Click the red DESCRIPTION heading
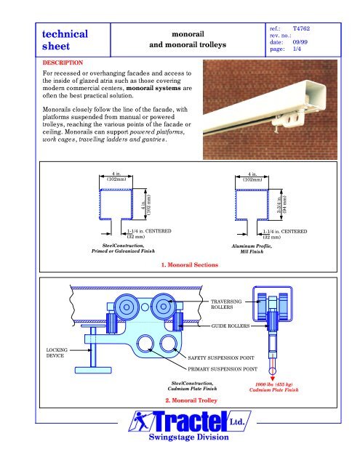coord(63,62)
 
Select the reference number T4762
coord(301,28)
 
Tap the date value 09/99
coord(300,42)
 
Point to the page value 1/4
coord(297,49)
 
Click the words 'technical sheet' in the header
coord(65,40)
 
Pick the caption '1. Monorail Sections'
coord(190,264)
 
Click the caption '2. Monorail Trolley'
coord(191,400)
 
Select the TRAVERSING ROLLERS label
coord(226,304)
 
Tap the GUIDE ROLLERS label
coord(231,326)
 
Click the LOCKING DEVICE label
coord(57,353)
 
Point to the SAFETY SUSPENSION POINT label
coord(221,358)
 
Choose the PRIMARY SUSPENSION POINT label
coord(223,369)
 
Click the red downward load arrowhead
coord(273,379)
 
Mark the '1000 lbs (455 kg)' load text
coord(274,384)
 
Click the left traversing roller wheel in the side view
coord(127,307)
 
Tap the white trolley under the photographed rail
coord(289,118)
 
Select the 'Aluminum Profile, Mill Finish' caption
coord(252,248)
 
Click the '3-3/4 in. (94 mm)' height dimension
coord(282,205)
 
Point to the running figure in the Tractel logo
coord(140,421)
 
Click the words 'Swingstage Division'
coord(189,437)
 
